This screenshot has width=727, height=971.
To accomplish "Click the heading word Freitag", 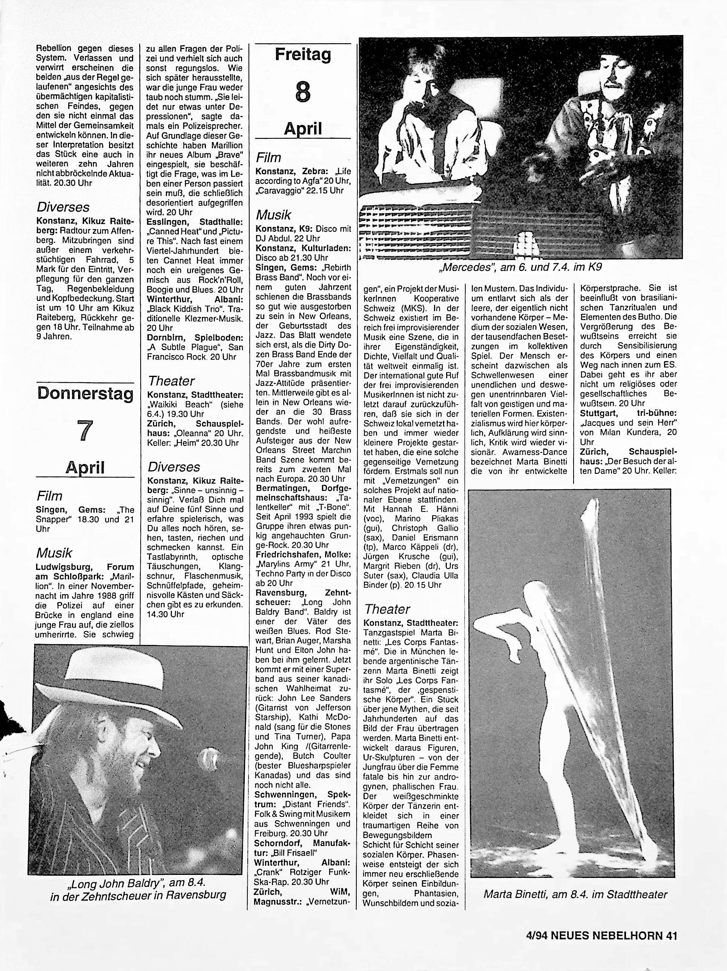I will (303, 55).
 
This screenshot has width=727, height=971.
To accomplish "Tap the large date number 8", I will (303, 92).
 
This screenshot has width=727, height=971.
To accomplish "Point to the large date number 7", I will (85, 430).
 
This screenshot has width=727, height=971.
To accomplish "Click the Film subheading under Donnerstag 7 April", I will (49, 496).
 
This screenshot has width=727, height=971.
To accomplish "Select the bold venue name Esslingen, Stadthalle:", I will (195, 222).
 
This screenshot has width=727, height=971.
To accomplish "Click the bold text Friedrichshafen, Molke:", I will (303, 554).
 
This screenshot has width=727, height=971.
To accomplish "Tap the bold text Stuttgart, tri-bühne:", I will (628, 414).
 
